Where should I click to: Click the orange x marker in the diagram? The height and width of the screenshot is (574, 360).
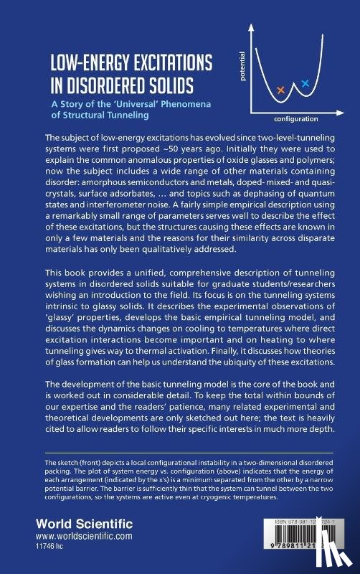[280, 90]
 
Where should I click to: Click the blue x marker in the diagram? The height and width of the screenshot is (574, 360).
[305, 84]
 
